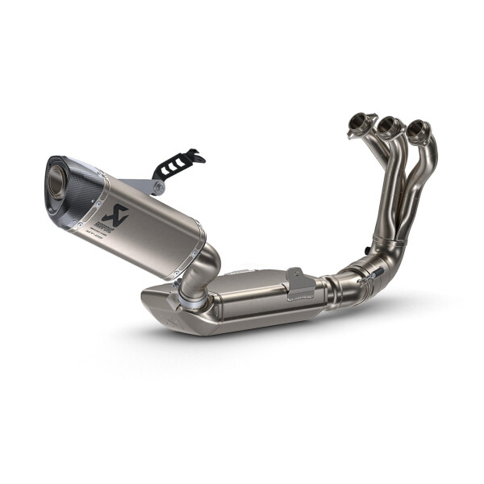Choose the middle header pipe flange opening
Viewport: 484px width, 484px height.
390,124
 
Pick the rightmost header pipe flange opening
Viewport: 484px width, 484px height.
416,128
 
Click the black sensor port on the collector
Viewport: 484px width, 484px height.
375,243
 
